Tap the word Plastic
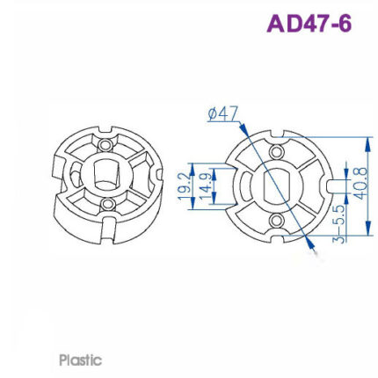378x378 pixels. tap(80, 360)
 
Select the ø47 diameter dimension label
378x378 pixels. tap(223, 113)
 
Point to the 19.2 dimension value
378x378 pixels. tap(182, 188)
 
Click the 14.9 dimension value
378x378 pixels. tap(200, 188)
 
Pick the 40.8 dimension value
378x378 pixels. tap(360, 188)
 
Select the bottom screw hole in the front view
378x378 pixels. tap(274, 223)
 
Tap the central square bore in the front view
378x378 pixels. tap(275, 187)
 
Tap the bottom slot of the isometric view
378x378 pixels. tap(107, 231)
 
